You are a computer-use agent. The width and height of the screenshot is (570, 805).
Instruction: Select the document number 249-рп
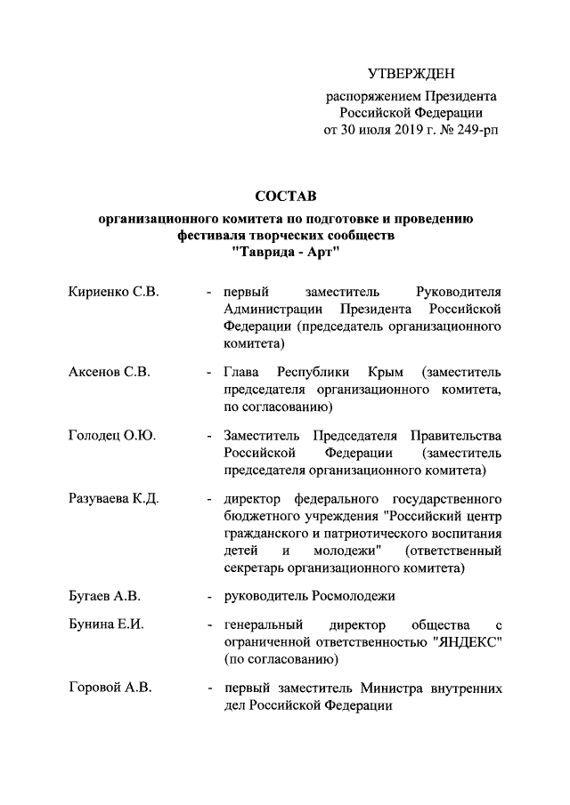(x=476, y=130)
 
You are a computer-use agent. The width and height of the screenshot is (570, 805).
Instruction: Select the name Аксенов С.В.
(x=109, y=371)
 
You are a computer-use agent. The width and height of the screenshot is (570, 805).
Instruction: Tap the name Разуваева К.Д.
(x=114, y=498)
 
